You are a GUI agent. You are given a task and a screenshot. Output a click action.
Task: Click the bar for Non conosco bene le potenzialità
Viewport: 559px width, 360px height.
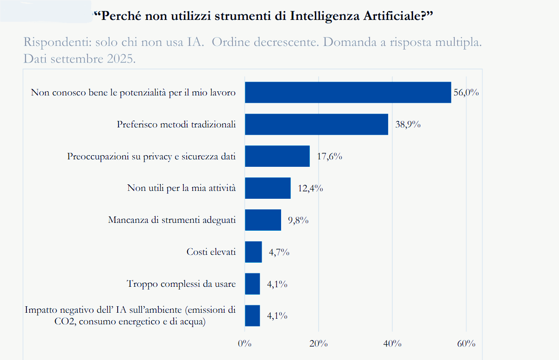347,92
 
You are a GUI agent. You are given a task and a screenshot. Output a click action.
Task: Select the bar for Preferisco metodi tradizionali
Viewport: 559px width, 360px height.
316,124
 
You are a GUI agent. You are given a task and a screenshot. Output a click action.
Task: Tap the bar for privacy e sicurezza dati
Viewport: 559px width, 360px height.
277,156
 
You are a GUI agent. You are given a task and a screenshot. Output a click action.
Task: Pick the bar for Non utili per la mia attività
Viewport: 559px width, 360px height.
267,188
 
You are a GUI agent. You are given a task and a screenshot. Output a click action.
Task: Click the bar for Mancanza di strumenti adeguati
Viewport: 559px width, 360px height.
263,220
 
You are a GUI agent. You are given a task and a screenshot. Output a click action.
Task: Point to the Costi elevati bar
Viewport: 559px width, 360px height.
253,252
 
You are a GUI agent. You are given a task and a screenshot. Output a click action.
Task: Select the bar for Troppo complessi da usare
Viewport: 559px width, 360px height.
252,284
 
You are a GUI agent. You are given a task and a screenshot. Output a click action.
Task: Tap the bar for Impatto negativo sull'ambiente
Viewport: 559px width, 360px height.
252,316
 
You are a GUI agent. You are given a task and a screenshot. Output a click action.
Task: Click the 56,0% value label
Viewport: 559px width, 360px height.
466,92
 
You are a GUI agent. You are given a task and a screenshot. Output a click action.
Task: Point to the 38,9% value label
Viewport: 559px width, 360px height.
408,125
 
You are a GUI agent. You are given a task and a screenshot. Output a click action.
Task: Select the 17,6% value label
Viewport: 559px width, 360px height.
329,157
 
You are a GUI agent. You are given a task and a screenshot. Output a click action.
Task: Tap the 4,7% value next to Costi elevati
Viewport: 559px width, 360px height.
279,253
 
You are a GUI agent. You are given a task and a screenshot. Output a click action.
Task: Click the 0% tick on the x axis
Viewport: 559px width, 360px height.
244,344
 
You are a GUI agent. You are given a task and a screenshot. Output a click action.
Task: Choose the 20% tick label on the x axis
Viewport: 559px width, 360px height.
318,344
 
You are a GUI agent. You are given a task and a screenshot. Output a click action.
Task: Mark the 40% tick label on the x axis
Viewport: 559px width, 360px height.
392,344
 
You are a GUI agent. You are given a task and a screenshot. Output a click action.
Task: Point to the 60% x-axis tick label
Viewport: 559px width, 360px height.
466,344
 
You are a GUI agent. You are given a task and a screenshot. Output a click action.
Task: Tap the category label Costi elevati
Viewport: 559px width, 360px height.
211,252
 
